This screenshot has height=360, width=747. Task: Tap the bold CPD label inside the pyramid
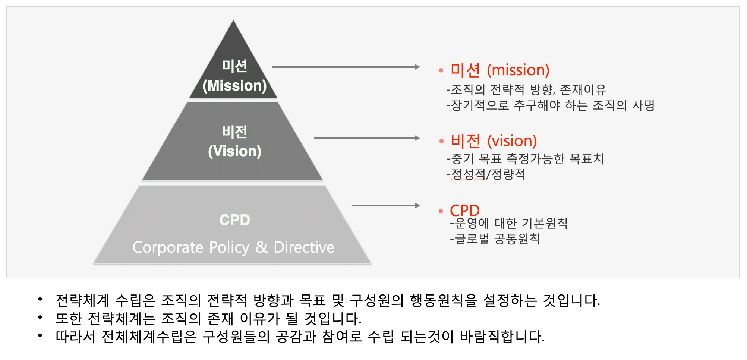234,220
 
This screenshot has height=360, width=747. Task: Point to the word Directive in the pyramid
304,247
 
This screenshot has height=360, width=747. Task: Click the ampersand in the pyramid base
261,247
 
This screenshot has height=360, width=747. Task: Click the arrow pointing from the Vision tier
367,138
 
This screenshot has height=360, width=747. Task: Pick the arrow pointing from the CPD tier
385,205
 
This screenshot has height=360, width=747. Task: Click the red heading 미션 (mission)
499,70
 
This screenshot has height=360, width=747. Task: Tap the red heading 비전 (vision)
494,141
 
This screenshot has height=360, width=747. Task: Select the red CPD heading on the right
464,210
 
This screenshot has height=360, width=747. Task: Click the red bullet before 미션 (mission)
441,70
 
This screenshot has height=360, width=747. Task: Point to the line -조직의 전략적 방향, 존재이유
526,89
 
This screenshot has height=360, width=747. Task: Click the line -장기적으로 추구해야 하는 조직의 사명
550,105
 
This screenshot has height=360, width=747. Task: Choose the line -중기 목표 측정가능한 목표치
525,159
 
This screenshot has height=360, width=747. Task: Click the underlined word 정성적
468,174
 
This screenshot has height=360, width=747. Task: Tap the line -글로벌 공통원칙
495,239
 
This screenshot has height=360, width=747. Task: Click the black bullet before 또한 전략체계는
40,318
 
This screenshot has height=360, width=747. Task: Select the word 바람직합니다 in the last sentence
502,337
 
